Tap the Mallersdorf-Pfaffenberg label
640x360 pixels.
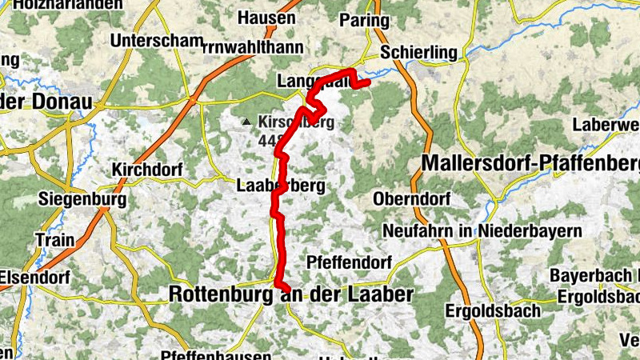(530, 163)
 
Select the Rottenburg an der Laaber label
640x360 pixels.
(291, 294)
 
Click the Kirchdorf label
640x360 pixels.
(148, 170)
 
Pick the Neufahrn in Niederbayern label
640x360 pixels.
(482, 230)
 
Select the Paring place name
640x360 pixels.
(364, 20)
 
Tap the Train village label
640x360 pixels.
(54, 239)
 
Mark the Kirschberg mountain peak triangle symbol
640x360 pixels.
(247, 122)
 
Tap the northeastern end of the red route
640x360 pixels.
(369, 81)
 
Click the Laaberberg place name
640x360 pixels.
(280, 186)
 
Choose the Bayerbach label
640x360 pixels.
(593, 276)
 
